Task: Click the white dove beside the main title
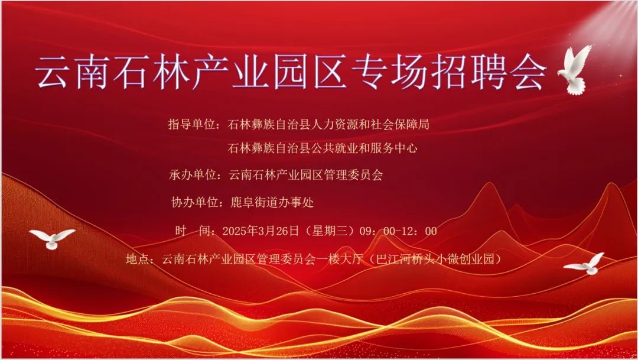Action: click(x=574, y=70)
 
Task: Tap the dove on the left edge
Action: click(x=52, y=238)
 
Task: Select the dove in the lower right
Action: click(x=585, y=264)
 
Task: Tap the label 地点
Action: click(x=139, y=259)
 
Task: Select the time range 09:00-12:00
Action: click(x=406, y=231)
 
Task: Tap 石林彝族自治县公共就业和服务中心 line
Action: click(x=323, y=148)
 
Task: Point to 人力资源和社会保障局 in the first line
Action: click(x=372, y=125)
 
